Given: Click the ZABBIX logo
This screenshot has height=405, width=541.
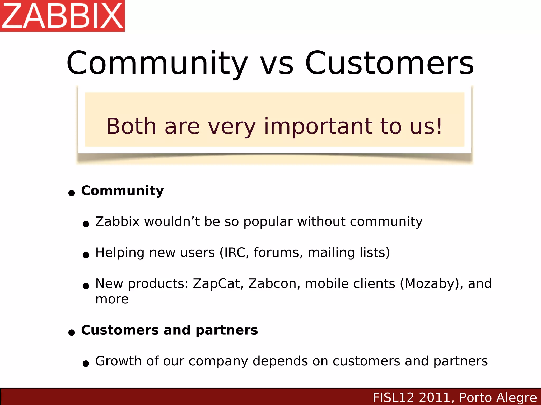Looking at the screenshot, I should pyautogui.click(x=62, y=16).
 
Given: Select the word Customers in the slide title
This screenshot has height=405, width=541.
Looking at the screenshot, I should pyautogui.click(x=389, y=63).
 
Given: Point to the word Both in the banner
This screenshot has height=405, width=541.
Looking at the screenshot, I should pyautogui.click(x=131, y=126).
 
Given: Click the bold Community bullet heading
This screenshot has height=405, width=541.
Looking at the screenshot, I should pyautogui.click(x=122, y=191).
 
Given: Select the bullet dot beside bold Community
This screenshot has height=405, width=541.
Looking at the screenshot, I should pyautogui.click(x=72, y=193).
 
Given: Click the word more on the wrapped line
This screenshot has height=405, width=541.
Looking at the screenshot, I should pyautogui.click(x=112, y=299).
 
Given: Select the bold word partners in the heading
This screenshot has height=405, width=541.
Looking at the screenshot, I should pyautogui.click(x=227, y=330).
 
